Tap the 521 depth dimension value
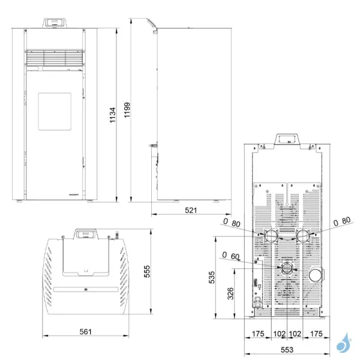click(190, 211)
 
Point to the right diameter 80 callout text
click(341, 220)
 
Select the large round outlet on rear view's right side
click(315, 275)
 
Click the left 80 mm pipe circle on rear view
click(272, 235)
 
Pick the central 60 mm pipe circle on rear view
click(287, 268)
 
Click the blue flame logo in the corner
click(342, 344)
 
